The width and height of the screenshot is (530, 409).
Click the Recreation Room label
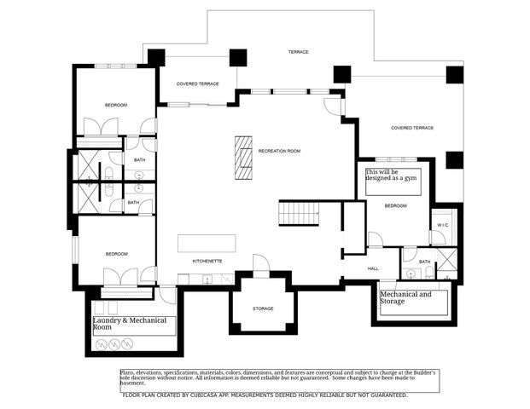tap(280, 151)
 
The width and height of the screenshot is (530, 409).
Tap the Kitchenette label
tap(207, 260)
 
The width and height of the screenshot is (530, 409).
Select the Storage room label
tap(263, 308)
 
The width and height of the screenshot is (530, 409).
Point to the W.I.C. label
tap(442, 225)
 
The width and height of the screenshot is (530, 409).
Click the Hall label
tap(373, 268)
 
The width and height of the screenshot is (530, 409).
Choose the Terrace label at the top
tap(298, 52)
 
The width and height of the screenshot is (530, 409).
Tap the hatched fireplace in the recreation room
tap(245, 158)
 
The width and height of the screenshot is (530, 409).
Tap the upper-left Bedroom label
tap(116, 105)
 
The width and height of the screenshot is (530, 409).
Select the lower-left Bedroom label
tap(116, 254)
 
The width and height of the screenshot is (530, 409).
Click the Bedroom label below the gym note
tap(395, 206)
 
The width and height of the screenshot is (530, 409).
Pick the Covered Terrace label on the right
tap(412, 128)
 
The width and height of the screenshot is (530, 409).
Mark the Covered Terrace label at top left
tap(198, 84)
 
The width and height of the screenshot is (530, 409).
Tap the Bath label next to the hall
tap(424, 262)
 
